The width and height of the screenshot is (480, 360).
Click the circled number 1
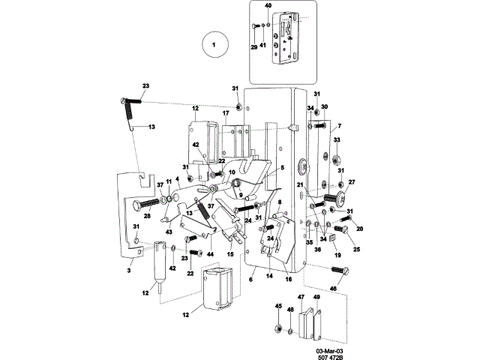tap(213, 45)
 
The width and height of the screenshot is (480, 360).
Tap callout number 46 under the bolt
tap(334, 287)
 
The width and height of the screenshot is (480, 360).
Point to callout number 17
tap(225, 113)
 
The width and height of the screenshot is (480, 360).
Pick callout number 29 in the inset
tap(253, 46)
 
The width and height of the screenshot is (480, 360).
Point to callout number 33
tap(336, 140)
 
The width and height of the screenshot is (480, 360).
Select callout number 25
tap(356, 248)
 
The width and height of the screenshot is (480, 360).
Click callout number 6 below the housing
tap(251, 280)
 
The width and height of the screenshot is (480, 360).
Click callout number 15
tap(230, 253)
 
